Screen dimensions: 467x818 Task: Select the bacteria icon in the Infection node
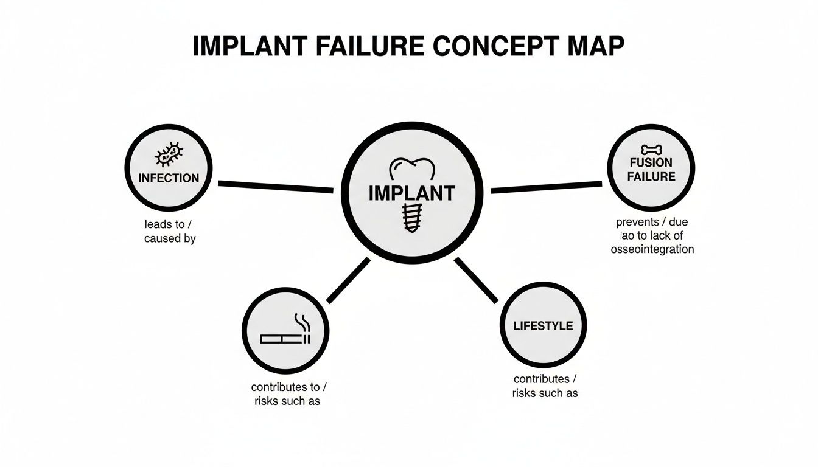tap(169, 154)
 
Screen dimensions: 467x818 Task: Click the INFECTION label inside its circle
tap(169, 178)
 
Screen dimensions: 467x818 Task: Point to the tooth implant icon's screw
tap(411, 217)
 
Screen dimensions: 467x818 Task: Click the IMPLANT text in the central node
tap(411, 193)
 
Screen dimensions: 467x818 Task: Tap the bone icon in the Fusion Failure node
tap(651, 148)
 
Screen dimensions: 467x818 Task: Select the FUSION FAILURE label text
tap(651, 170)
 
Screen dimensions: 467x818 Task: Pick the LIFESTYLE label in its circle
tap(543, 326)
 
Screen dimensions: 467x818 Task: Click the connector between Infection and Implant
tap(275, 186)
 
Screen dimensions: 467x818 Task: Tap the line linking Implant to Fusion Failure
tap(546, 187)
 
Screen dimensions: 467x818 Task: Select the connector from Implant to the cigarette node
tap(348, 280)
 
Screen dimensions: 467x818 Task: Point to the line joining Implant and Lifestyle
tap(476, 280)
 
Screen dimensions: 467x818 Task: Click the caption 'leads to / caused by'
tap(170, 232)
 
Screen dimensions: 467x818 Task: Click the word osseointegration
tap(652, 249)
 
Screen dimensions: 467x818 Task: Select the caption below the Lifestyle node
tap(545, 386)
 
